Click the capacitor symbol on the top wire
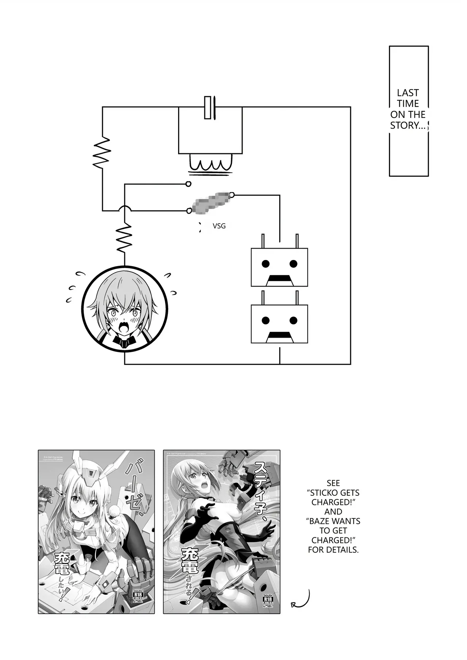pyautogui.click(x=210, y=107)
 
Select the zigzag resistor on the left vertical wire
pyautogui.click(x=102, y=153)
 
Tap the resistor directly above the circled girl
pyautogui.click(x=124, y=238)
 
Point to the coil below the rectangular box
pyautogui.click(x=210, y=164)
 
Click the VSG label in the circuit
pyautogui.click(x=219, y=226)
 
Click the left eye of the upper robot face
pyautogui.click(x=266, y=263)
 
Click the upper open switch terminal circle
pyautogui.click(x=188, y=184)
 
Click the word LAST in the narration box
pyautogui.click(x=408, y=93)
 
